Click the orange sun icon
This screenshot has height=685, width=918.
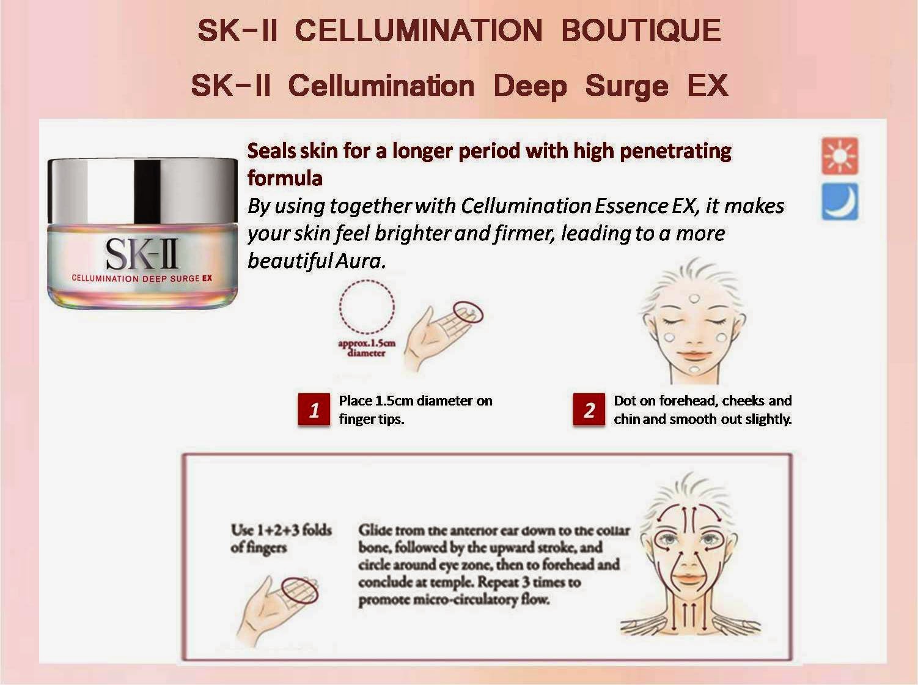840,156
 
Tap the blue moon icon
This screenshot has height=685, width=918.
840,201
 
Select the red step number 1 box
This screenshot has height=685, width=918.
314,410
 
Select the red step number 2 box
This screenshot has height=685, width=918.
589,410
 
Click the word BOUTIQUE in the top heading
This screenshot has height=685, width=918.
641,31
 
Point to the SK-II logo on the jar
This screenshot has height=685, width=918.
142,254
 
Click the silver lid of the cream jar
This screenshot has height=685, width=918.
142,191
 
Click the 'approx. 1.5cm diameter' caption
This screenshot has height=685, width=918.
367,348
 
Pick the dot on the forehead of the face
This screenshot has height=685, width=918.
694,299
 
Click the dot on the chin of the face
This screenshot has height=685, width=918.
694,369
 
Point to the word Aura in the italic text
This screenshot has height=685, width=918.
360,261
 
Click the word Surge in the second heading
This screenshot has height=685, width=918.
627,86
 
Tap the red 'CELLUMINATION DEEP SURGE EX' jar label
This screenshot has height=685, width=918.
142,278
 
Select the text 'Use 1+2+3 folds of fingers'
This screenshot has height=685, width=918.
281,539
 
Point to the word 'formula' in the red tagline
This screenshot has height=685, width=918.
285,179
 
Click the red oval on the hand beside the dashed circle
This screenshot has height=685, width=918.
468,312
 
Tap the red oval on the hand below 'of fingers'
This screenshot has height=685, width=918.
299,590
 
